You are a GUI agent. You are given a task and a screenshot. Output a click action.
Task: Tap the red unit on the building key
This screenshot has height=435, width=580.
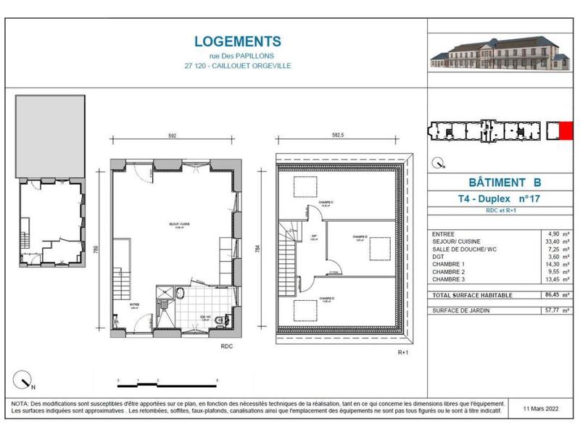(x=555, y=131)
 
